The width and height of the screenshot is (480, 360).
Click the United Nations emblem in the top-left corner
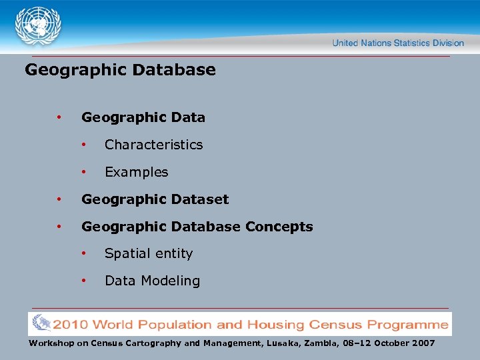(38, 27)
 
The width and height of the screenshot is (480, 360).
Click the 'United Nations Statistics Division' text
(398, 43)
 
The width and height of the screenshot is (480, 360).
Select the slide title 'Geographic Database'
(120, 70)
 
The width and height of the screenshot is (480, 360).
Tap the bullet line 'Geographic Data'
(143, 117)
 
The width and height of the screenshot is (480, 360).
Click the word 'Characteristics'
(153, 145)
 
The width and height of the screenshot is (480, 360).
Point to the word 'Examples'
(136, 172)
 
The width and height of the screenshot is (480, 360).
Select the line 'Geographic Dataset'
(155, 199)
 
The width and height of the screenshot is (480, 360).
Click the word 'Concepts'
(279, 227)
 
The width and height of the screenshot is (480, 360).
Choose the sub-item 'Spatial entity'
(148, 253)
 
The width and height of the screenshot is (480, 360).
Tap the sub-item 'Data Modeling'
(152, 281)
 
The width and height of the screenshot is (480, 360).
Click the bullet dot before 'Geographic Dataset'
(59, 199)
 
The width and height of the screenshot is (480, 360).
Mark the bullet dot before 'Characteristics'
(83, 145)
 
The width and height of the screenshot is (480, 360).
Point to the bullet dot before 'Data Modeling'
(83, 281)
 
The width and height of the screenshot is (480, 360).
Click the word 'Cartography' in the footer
(149, 343)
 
